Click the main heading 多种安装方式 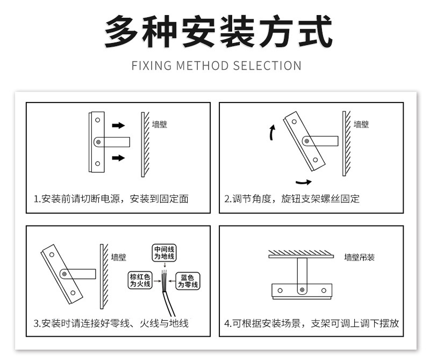tap(215, 33)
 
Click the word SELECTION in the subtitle tap(267, 66)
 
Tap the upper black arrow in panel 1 tap(118, 126)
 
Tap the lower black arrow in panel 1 tap(118, 158)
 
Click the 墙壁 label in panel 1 tap(159, 125)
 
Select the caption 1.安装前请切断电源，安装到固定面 tap(111, 199)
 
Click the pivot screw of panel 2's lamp tap(306, 142)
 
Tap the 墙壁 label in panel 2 tap(361, 125)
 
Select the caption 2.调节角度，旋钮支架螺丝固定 tap(292, 199)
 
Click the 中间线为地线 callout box tap(164, 254)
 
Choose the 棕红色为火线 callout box tap(140, 280)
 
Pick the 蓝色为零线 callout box tap(188, 280)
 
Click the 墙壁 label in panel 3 tap(118, 257)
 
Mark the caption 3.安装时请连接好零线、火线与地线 tap(111, 323)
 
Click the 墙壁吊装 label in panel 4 tap(360, 257)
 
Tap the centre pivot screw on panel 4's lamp tap(302, 290)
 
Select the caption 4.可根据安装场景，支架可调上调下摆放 tap(311, 323)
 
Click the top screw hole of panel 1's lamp tap(97, 120)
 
